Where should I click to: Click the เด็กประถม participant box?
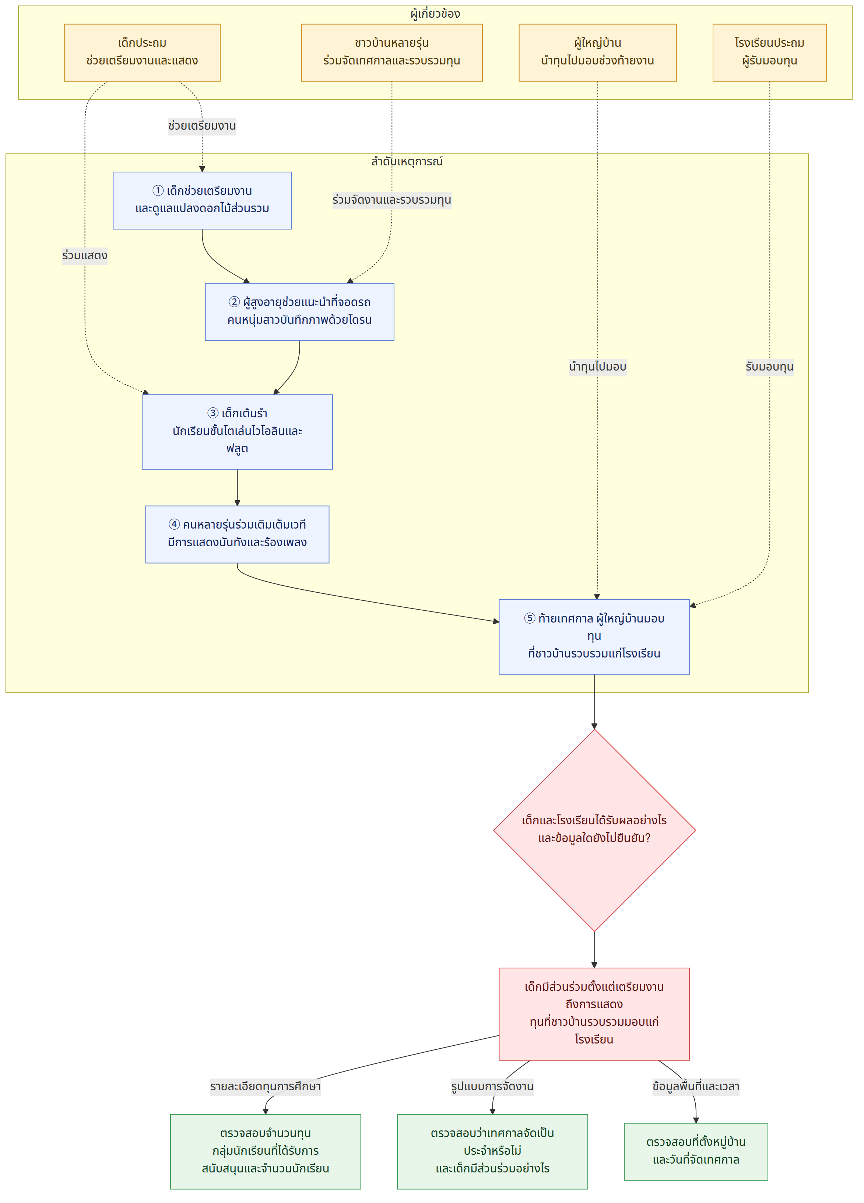click(x=142, y=53)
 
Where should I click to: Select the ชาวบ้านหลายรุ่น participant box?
click(x=391, y=53)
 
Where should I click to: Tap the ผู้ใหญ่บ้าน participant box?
click(x=597, y=53)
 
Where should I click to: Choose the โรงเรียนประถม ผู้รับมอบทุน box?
click(x=769, y=53)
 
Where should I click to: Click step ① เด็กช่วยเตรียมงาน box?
click(x=202, y=200)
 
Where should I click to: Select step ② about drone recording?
click(x=300, y=312)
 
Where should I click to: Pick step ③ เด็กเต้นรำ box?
click(x=237, y=432)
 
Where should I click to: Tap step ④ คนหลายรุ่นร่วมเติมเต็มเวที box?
click(x=237, y=534)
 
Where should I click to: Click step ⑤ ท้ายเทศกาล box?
click(x=594, y=636)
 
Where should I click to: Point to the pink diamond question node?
click(x=594, y=830)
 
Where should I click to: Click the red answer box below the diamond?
click(x=594, y=1014)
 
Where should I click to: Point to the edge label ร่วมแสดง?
click(x=85, y=256)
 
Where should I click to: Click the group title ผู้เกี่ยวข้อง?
click(x=435, y=14)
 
